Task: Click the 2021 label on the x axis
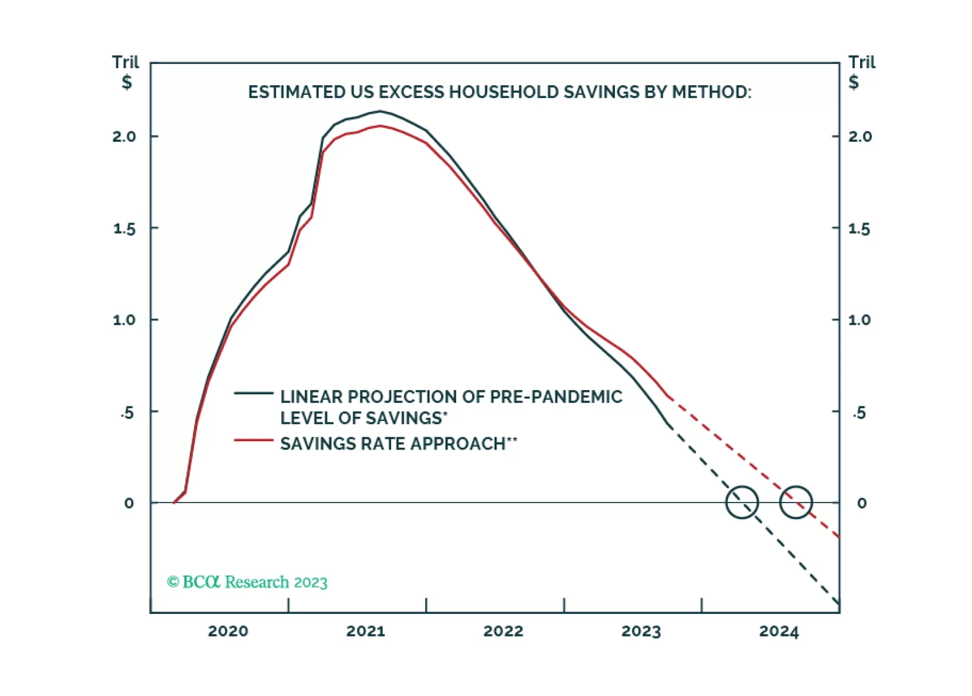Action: pos(366,631)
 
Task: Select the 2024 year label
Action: pos(779,631)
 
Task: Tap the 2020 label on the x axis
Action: pos(228,631)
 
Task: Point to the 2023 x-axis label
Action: pos(641,631)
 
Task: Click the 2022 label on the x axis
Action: pos(503,631)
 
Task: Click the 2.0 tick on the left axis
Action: pos(124,136)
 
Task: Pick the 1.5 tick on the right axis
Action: pos(859,229)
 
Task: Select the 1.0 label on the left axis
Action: pos(124,320)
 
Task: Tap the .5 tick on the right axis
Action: pos(859,413)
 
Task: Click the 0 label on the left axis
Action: pos(129,503)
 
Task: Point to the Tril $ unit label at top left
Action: pos(126,72)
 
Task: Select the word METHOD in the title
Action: pos(711,92)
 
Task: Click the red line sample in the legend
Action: pos(254,439)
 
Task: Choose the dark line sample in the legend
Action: pos(254,394)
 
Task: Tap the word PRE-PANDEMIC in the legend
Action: pos(556,397)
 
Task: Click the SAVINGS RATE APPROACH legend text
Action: pos(398,444)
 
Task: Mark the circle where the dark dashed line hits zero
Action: pos(742,503)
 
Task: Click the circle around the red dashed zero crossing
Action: pos(796,503)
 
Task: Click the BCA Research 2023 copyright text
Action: pos(248,582)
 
